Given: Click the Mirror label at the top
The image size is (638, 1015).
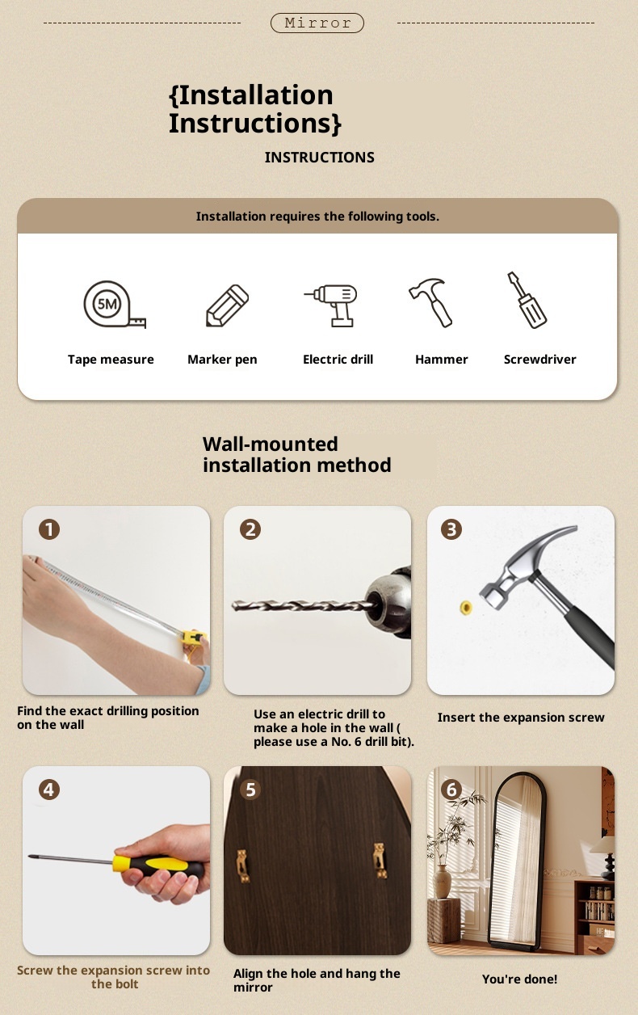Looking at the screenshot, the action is (x=317, y=23).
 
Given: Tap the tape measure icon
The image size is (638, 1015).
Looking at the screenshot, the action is (x=115, y=305).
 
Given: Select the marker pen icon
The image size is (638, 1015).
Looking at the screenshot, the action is (x=227, y=305).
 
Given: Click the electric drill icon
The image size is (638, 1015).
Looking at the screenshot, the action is (x=330, y=305).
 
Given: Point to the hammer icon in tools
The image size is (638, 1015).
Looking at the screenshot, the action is (x=430, y=303).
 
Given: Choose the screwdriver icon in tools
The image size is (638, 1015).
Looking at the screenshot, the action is (x=527, y=300).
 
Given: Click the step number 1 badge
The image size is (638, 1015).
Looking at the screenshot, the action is (x=49, y=529).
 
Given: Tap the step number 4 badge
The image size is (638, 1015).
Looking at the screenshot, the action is (x=49, y=790).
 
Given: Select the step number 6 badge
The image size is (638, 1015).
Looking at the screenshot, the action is (x=451, y=790).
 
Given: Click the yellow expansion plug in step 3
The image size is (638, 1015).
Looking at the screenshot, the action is (x=466, y=607).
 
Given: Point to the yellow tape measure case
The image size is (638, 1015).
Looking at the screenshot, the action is (x=194, y=637).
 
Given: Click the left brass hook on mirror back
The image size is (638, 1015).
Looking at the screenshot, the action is (x=243, y=866).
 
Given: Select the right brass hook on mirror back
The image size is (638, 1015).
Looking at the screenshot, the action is (x=380, y=861).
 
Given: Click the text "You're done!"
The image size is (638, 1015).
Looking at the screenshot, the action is (x=519, y=979).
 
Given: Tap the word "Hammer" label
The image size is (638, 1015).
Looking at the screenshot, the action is (x=442, y=360).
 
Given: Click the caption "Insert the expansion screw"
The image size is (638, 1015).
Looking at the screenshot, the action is (x=521, y=718).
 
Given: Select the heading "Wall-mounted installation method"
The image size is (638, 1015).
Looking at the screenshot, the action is (x=297, y=454).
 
